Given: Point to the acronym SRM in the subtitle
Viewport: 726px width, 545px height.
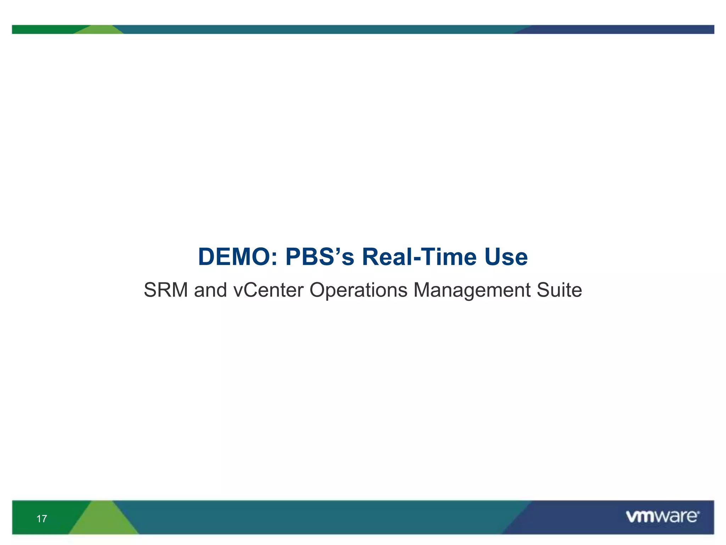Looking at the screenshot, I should [166, 290].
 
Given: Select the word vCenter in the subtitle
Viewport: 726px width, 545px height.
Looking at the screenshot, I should [268, 290].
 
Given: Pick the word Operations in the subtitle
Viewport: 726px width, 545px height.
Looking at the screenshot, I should [358, 290].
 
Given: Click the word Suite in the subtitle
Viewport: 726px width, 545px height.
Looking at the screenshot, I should [559, 290].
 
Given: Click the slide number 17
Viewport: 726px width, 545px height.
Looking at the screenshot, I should [41, 519].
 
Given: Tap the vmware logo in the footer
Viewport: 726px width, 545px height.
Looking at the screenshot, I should [663, 517].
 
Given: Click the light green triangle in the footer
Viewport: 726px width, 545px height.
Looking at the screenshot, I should [103, 520].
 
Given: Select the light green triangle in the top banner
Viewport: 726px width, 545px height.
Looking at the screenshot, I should [99, 30].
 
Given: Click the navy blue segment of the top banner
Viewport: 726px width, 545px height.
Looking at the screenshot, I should [620, 29].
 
